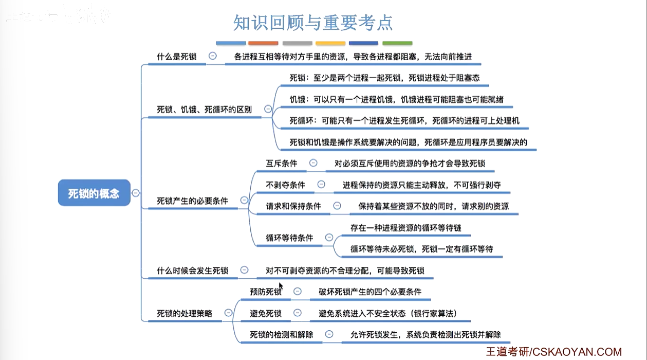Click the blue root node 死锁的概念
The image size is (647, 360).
click(x=94, y=193)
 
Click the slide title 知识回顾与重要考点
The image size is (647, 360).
click(x=313, y=22)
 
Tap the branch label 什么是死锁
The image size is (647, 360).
click(x=177, y=57)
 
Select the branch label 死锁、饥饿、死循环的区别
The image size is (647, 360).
click(x=204, y=110)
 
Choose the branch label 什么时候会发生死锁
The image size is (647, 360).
click(x=192, y=270)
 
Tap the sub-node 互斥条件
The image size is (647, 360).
click(x=282, y=163)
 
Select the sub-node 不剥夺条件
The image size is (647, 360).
click(x=285, y=185)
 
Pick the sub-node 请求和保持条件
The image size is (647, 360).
click(x=293, y=206)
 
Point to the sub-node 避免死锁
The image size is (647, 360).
click(x=266, y=313)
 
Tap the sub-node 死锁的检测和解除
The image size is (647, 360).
click(x=282, y=334)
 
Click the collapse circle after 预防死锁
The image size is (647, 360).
click(x=297, y=292)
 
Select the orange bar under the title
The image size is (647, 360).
click(x=263, y=43)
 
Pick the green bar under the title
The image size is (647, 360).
click(x=397, y=43)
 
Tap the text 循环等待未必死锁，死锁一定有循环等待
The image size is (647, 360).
click(x=421, y=249)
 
